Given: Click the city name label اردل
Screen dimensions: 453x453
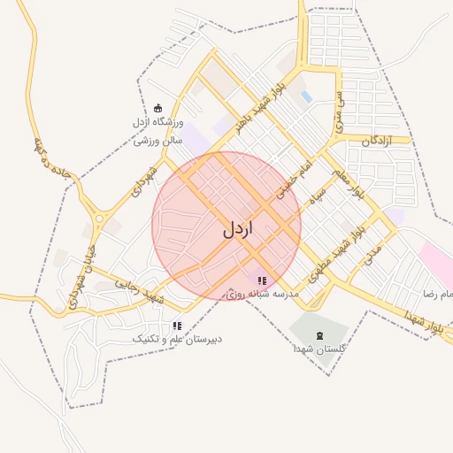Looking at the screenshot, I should point(237,229).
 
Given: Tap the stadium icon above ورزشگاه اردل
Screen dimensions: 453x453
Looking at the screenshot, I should point(158,108).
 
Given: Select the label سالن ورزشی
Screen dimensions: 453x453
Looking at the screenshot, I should point(158,139).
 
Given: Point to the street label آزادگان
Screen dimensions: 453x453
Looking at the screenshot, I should point(376,141).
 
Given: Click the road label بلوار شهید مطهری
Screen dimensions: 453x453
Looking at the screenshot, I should point(347,244).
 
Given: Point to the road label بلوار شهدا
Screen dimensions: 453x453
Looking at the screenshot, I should point(423,319).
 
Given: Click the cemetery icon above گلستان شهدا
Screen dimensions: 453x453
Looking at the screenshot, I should point(319,335).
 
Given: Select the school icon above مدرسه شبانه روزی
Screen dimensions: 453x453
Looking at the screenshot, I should point(261,280).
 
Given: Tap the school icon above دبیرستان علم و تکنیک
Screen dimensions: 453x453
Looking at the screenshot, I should point(177,326).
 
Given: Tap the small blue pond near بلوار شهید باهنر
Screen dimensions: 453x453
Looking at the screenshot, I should point(306,96).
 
